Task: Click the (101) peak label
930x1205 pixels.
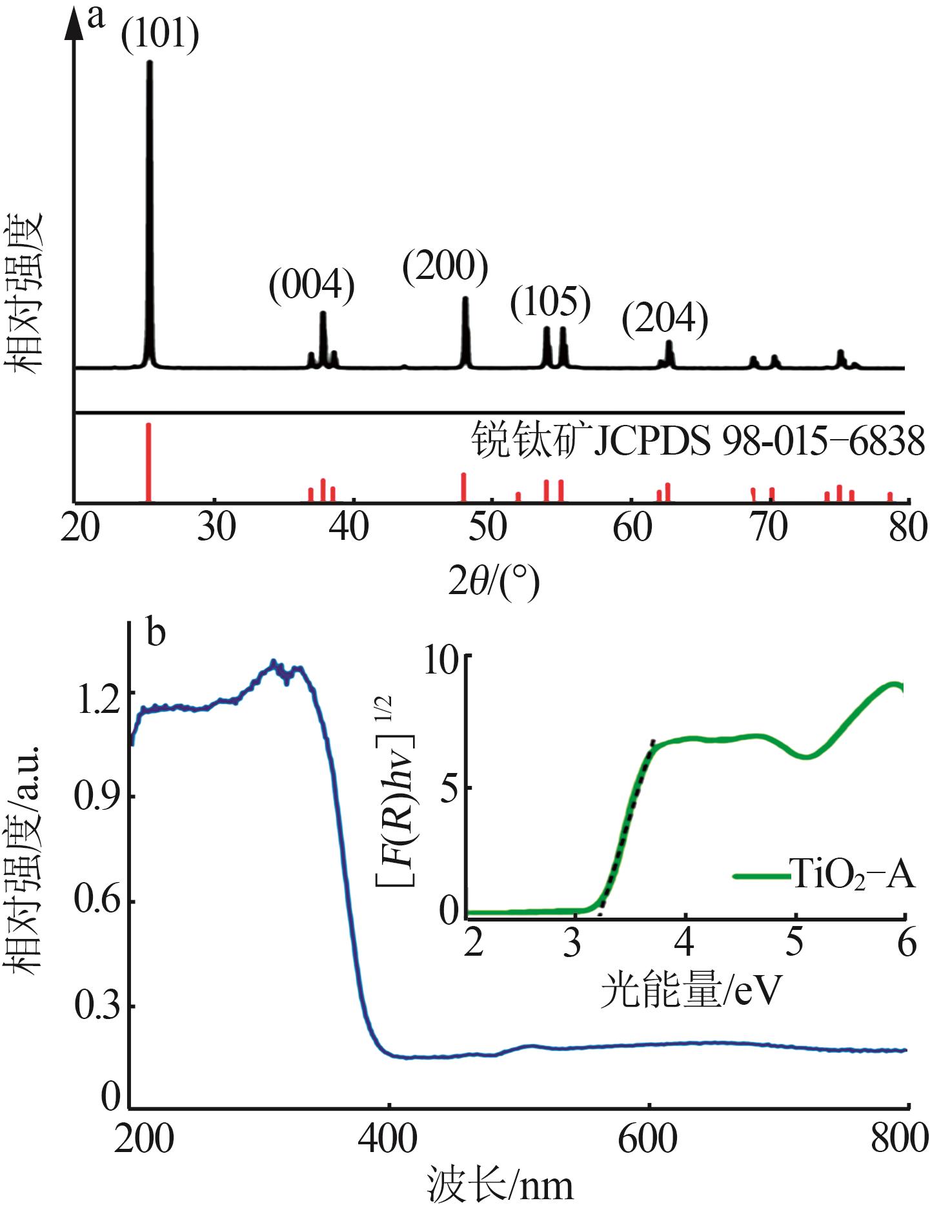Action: [x=160, y=34]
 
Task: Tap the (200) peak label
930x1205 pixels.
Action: [x=445, y=266]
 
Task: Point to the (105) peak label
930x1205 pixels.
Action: [x=551, y=302]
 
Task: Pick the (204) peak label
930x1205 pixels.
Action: [x=665, y=318]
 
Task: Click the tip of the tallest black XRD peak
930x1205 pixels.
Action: [x=150, y=63]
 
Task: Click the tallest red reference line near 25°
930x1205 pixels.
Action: [x=148, y=461]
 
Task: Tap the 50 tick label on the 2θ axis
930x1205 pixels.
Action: [x=487, y=528]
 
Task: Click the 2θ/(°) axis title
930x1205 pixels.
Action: [x=494, y=582]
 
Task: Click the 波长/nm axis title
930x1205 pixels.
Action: [x=500, y=1185]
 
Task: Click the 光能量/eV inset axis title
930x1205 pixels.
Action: [x=691, y=991]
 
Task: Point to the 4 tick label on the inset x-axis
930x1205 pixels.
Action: [x=684, y=943]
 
